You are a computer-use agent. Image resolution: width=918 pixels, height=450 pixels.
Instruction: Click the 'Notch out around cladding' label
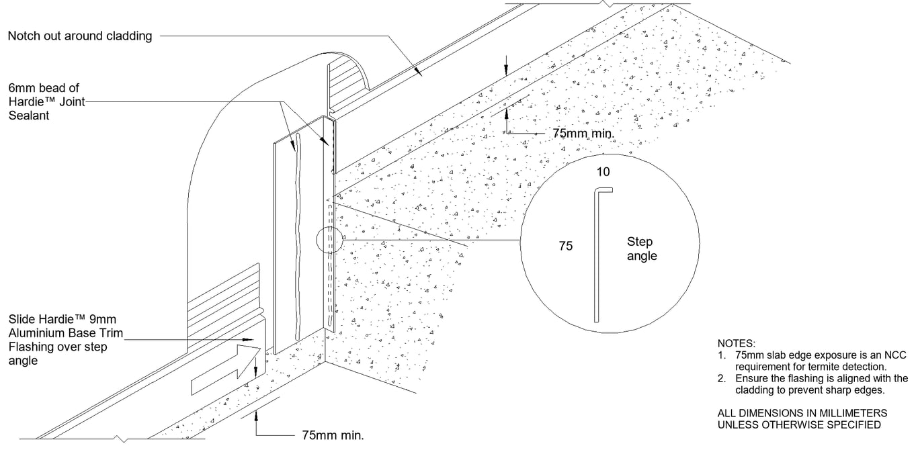pos(80,36)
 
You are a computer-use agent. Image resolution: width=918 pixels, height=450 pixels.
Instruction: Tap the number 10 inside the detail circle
pos(603,172)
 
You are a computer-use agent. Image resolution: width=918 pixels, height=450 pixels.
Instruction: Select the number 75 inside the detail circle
pos(566,246)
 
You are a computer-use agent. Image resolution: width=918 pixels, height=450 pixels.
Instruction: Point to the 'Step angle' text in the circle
pos(641,249)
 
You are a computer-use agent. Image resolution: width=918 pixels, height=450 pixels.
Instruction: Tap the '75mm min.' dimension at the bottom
pos(330,435)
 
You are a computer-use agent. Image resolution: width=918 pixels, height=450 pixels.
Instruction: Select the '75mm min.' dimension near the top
pos(583,133)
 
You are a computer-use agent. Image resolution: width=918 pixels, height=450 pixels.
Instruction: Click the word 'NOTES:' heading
pos(737,343)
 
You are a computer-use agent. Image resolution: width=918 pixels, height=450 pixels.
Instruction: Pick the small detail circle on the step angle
pos(329,240)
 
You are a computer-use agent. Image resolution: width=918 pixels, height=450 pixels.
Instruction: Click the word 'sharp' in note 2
pos(844,390)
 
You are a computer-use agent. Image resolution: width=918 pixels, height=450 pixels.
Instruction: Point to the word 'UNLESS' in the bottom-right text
pos(738,424)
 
